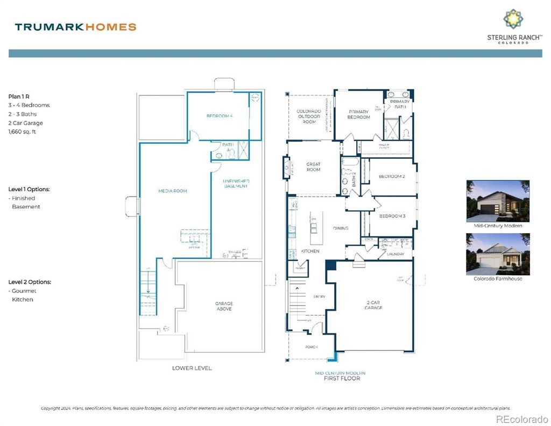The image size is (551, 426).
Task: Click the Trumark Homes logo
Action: coord(75,27)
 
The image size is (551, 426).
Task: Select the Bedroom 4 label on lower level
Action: coord(220,116)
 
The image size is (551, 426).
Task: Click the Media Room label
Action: coord(173,191)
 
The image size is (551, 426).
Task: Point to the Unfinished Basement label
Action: coord(236,183)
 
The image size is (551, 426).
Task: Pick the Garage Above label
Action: coord(224,306)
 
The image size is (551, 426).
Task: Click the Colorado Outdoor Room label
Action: coord(309,116)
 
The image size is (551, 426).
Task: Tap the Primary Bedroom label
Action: coord(358,114)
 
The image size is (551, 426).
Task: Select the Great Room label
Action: coord(313,167)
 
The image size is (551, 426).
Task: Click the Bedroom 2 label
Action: coord(391,177)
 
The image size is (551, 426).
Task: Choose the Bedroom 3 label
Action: coord(392,216)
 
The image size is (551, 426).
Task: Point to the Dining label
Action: coord(340,228)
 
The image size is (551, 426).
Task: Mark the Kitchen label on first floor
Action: coord(310,252)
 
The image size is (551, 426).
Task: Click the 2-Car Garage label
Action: coord(373,305)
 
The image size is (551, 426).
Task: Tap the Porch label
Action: coord(312,347)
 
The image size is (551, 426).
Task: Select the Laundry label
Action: coord(395,254)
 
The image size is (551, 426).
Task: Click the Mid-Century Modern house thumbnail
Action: coord(498,201)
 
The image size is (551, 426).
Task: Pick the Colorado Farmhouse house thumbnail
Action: coord(498,254)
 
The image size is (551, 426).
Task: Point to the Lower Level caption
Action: coord(192,368)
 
